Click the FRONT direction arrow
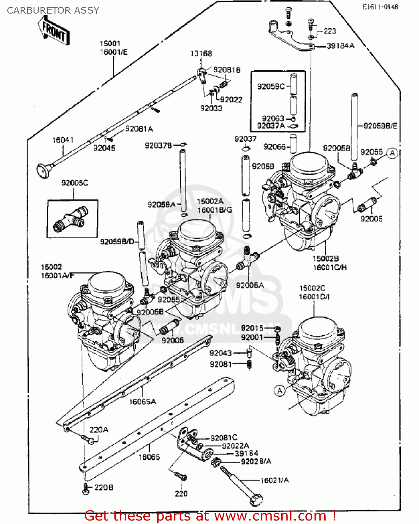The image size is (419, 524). tap(53, 30)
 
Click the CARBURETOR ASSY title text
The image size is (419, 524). tap(53, 10)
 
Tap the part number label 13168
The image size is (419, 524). tap(201, 53)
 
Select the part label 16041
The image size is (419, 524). tap(63, 140)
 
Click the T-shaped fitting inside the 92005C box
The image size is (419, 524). tap(70, 219)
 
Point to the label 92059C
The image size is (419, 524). tap(271, 86)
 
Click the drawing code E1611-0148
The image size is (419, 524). tap(380, 7)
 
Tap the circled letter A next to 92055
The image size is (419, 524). tap(392, 153)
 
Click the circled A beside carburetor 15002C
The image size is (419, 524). tap(280, 391)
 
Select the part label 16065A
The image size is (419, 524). tap(143, 402)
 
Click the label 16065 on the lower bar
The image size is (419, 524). tap(149, 457)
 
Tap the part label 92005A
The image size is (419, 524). tap(250, 285)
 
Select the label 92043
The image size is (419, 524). tap(221, 353)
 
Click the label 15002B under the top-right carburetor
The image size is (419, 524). tap(325, 259)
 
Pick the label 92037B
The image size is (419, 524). tap(158, 145)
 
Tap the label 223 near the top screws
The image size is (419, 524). tap(330, 31)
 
